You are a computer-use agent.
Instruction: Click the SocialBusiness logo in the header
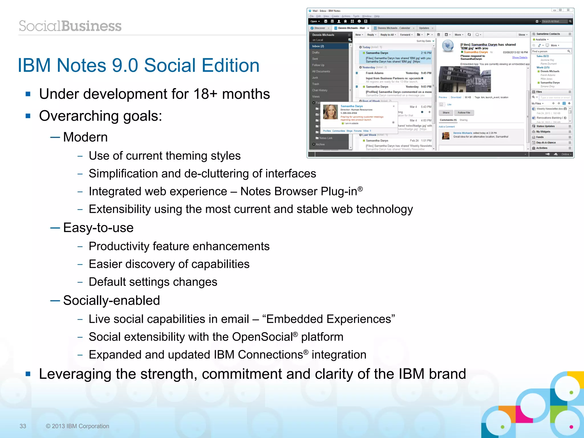pos(70,26)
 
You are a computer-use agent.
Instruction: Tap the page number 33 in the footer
pos(23,426)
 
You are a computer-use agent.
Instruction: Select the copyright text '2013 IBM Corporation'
pos(80,426)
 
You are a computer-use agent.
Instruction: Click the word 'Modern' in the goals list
pos(85,137)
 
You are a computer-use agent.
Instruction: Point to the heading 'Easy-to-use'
pos(98,228)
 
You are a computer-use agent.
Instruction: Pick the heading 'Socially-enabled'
pos(111,300)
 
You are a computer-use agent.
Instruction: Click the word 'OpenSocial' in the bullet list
pos(262,337)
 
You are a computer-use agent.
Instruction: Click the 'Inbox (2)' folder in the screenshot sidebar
pos(318,46)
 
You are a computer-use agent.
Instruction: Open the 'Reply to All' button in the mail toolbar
pos(388,35)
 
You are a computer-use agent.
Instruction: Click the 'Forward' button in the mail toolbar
pos(405,35)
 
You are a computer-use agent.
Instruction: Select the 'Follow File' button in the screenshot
pos(464,113)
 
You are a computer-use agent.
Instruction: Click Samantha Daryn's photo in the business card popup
pos(330,112)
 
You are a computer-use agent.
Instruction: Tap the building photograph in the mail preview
pos(465,79)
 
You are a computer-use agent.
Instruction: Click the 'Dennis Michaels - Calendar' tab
pos(394,28)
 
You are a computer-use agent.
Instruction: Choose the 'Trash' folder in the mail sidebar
pos(315,84)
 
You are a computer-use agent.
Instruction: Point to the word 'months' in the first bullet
pos(246,94)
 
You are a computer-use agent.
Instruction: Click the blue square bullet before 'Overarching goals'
pos(28,116)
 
